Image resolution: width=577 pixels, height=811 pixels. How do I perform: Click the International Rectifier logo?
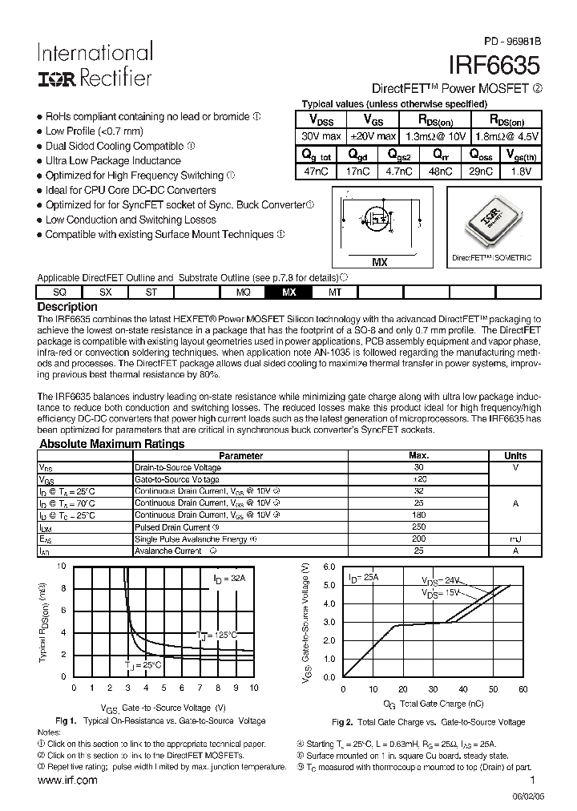point(95,65)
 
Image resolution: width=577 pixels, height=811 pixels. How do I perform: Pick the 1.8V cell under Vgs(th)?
point(522,171)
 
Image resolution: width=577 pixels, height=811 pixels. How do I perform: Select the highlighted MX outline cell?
point(289,293)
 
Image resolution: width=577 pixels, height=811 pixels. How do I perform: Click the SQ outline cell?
point(60,293)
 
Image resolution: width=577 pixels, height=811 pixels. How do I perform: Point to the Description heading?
point(68,307)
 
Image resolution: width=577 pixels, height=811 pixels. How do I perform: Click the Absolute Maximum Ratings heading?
point(112,444)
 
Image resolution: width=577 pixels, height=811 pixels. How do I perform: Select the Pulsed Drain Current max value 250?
point(418,527)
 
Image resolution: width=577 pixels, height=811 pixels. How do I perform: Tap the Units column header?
point(515,455)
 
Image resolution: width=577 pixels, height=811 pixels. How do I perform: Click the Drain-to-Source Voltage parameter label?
point(178,467)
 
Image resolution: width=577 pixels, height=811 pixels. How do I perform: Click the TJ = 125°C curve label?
point(217,635)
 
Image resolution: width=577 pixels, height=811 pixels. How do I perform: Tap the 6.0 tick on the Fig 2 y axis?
point(329,567)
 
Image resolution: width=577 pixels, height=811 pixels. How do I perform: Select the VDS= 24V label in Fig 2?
point(442,580)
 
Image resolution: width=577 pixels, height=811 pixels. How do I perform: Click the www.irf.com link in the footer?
point(67,780)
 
